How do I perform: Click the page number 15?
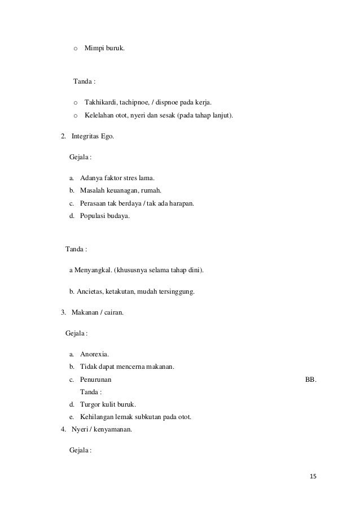pyautogui.click(x=313, y=477)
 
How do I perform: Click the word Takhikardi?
pyautogui.click(x=100, y=102)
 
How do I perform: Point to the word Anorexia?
pyautogui.click(x=95, y=355)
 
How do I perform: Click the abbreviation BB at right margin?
pyautogui.click(x=310, y=380)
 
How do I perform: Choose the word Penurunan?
pyautogui.click(x=96, y=380)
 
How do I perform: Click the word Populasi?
pyautogui.click(x=93, y=215)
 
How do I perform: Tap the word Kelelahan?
pyautogui.click(x=99, y=116)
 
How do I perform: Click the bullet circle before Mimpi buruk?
pyautogui.click(x=76, y=49)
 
